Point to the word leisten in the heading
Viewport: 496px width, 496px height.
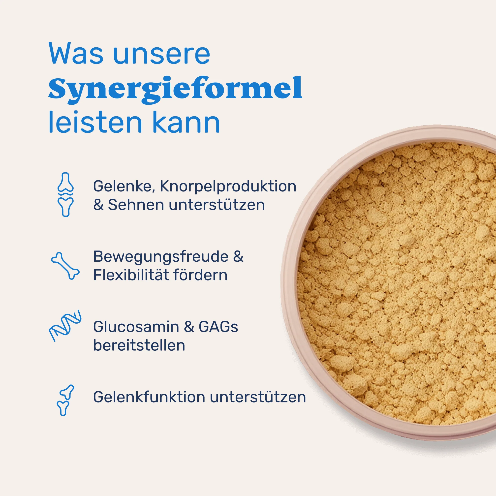pos(95,123)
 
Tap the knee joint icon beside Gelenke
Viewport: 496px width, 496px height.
pos(65,194)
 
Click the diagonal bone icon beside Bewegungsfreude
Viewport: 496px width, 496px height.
pos(65,265)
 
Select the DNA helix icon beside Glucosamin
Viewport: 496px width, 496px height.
pos(65,326)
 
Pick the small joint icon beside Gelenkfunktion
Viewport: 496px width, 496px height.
pos(65,400)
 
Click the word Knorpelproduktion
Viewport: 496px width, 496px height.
pos(228,186)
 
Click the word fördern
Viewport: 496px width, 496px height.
pos(200,275)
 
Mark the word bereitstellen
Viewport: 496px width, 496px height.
pos(139,345)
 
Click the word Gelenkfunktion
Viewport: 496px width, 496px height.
pos(149,397)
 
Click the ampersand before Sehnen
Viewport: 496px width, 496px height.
pos(98,205)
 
